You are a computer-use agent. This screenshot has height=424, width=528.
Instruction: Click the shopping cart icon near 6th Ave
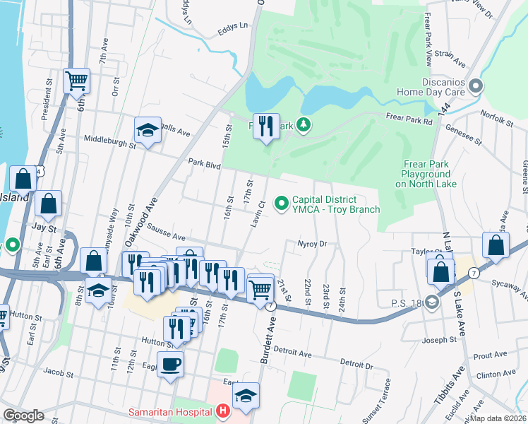pos(76,80)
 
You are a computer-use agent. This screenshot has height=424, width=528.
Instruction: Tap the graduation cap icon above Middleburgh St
pos(148,130)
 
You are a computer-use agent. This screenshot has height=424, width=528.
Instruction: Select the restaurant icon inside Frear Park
pos(266,126)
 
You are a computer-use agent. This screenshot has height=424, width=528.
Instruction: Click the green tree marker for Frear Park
pos(304,125)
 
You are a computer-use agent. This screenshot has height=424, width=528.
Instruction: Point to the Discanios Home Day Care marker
pos(476,86)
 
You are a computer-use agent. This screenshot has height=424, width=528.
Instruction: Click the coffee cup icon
pos(170,365)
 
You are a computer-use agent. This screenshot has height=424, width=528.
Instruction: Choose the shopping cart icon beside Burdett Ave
pos(260,288)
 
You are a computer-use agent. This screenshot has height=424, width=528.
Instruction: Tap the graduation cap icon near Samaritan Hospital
pos(246,395)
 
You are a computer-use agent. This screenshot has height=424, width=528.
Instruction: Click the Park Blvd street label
pos(205,164)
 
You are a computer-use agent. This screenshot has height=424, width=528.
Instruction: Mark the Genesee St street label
pos(463,135)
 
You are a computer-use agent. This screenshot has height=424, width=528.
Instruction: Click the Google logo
pos(23,416)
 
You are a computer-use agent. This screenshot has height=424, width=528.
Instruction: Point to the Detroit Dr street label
pos(356,364)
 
